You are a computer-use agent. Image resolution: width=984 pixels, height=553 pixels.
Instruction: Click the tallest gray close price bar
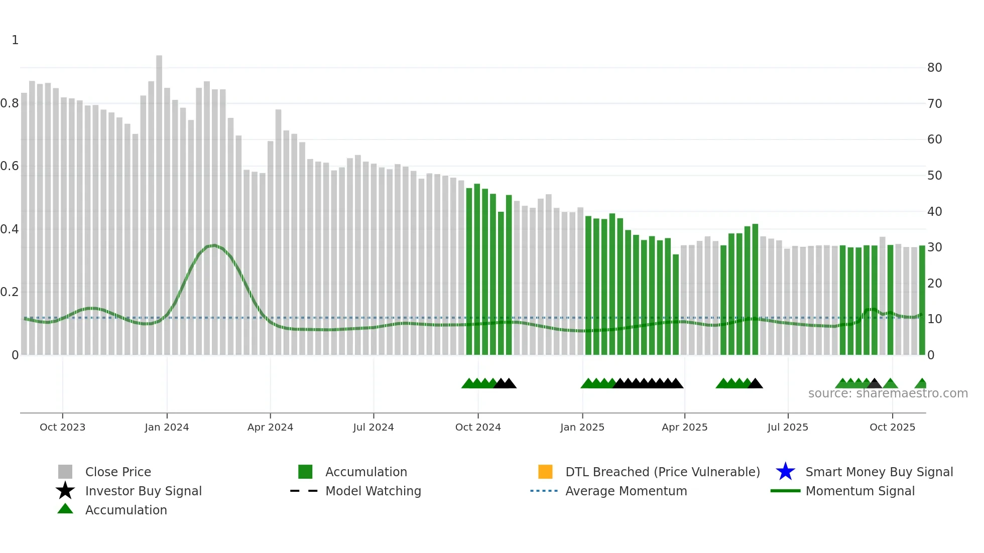coord(159,201)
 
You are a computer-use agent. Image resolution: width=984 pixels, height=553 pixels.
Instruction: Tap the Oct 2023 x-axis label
coord(62,427)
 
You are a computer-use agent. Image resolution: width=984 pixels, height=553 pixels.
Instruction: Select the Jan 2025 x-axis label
coord(582,427)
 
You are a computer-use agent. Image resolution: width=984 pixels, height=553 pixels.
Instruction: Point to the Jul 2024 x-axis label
coord(373,427)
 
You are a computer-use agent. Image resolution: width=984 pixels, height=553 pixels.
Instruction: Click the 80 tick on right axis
coord(934,68)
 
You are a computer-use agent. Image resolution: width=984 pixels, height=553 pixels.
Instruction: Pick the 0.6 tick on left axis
coord(10,166)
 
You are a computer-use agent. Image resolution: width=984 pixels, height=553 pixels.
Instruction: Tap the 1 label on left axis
coord(15,40)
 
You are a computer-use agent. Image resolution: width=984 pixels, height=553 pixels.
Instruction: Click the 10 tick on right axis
coord(934,319)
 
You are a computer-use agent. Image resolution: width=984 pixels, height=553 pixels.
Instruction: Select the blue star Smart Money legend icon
coord(785,472)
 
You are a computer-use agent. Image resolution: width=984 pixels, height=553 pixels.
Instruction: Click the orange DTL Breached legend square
coord(545,472)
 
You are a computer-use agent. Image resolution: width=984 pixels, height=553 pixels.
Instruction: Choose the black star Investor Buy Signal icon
coord(65,491)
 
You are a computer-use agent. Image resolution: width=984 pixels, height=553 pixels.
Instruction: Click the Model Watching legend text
coord(373,491)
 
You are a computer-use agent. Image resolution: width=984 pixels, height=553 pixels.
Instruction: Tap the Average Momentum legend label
coord(626,491)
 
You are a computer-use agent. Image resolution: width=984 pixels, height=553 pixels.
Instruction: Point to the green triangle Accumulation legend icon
coord(65,509)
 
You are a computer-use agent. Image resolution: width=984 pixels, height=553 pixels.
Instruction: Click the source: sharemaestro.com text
coord(888,393)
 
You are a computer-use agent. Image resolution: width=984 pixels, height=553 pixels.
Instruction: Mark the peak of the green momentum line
coord(214,245)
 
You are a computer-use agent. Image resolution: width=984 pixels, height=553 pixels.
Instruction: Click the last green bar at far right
coord(922,301)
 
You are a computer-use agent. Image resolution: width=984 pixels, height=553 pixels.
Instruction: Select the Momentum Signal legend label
coord(859,491)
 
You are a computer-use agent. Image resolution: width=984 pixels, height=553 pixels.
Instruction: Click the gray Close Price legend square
coord(65,472)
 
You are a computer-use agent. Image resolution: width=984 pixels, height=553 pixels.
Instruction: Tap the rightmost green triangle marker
coord(921,384)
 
